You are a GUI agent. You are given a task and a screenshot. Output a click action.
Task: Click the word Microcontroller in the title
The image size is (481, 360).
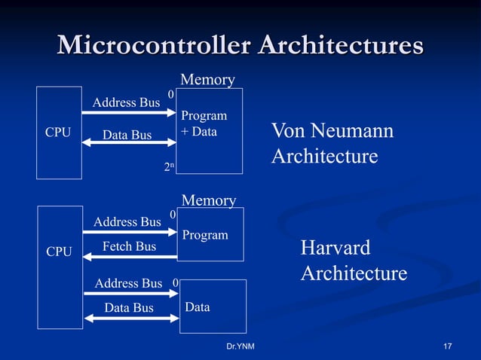154,45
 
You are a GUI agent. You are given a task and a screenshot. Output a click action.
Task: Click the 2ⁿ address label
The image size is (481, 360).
171,167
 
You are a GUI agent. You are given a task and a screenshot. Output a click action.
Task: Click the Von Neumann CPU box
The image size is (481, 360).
59,133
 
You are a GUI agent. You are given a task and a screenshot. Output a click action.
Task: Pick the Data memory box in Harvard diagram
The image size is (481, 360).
213,306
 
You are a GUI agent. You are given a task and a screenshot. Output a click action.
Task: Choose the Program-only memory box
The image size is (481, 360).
210,233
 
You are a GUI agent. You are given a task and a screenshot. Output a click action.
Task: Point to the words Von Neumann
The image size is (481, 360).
332,132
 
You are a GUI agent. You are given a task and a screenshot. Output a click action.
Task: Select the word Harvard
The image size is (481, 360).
335,249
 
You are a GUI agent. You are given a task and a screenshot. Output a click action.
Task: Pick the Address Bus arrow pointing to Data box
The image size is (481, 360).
130,293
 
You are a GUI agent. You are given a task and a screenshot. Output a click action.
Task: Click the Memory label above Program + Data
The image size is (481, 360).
207,80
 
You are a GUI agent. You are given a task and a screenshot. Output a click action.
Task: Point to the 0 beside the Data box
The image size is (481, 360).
175,283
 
